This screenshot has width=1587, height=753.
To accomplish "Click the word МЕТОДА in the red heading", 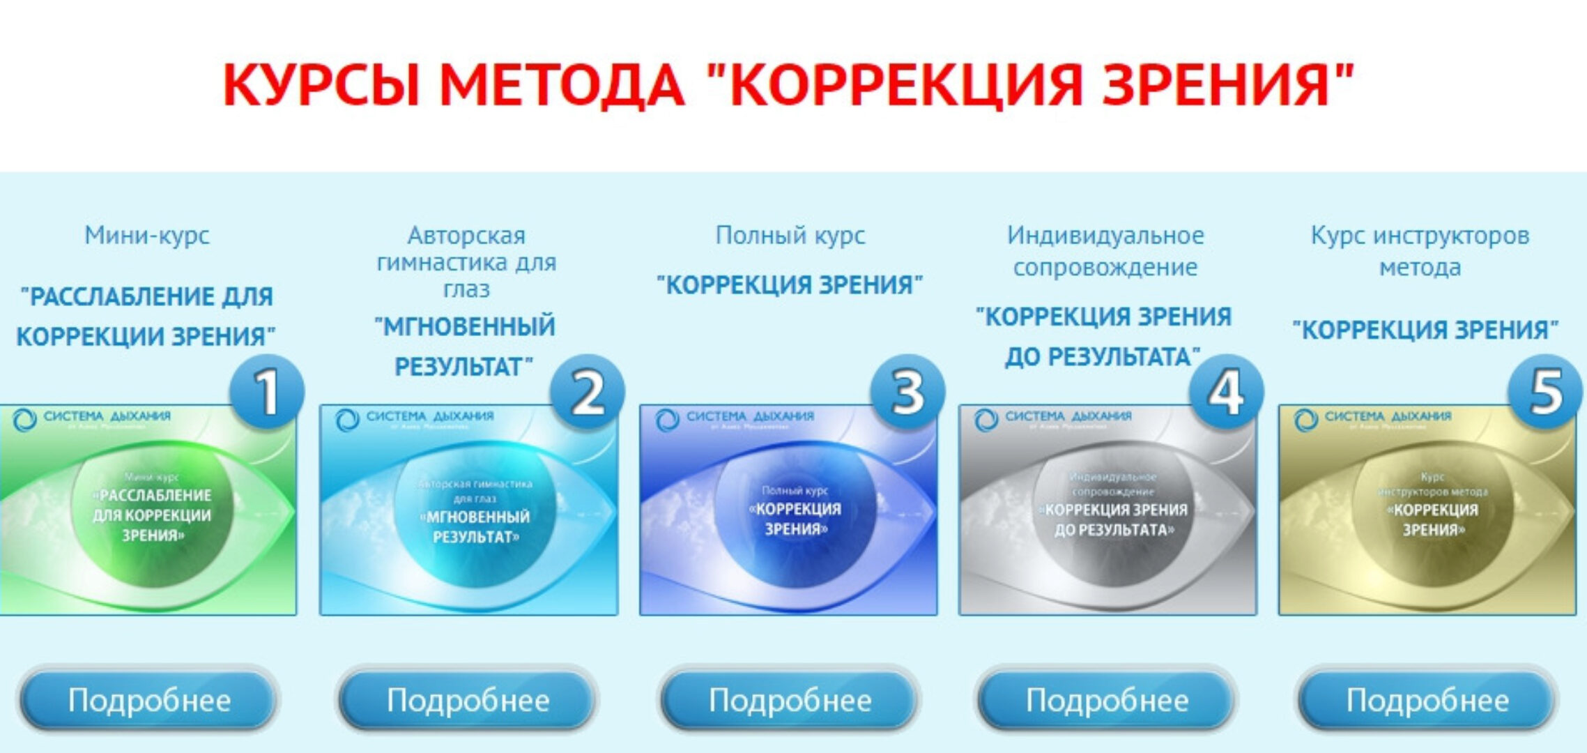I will [x=561, y=85].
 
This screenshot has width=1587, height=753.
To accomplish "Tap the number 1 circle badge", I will [x=266, y=393].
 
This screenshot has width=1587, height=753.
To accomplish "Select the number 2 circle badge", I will [x=587, y=393].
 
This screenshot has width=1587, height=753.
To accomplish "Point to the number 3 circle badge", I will [x=907, y=393].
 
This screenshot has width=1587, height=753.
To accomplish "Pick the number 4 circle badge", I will [x=1226, y=393].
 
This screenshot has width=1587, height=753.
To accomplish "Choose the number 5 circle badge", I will [x=1545, y=393].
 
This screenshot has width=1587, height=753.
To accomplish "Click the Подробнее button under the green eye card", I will [x=148, y=700].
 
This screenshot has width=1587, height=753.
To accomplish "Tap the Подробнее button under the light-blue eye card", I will [x=468, y=700].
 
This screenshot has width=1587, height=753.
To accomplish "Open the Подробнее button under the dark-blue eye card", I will [x=790, y=700].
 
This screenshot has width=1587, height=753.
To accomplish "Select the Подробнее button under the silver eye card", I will [x=1107, y=700].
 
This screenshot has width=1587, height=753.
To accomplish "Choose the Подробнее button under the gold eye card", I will [x=1427, y=700].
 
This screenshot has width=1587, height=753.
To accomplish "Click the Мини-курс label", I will [x=147, y=236].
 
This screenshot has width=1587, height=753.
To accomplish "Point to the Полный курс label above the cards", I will [x=790, y=236].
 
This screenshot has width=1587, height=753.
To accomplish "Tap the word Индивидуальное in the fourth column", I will [x=1105, y=236].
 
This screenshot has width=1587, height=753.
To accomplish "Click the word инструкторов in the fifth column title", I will [x=1451, y=236].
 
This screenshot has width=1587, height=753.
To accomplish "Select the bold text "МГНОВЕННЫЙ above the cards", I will [x=465, y=326].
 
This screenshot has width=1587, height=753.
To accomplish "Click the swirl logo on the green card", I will [x=24, y=420].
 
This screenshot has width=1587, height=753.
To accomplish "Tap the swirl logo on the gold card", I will [x=1305, y=420].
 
